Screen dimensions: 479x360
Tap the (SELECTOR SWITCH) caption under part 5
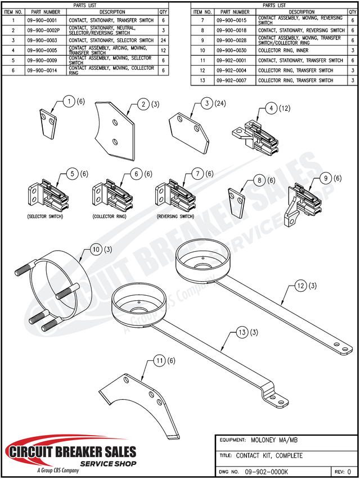tap(46, 216)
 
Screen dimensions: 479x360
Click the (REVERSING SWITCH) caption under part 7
tap(175, 216)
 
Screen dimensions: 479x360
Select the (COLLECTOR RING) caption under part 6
tap(109, 216)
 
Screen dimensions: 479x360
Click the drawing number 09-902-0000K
tap(267, 471)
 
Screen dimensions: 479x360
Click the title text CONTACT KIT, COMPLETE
tap(269, 455)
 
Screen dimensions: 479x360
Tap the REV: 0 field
tap(343, 471)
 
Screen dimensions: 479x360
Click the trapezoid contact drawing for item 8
tap(238, 200)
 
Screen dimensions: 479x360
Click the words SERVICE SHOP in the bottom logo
tap(109, 464)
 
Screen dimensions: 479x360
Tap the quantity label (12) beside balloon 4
tap(286, 108)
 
